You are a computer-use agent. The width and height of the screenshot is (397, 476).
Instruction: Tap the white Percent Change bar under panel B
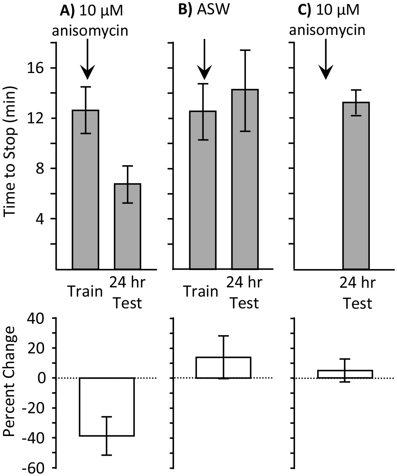click(x=223, y=367)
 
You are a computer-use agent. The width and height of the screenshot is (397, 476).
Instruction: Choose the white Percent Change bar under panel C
click(x=345, y=374)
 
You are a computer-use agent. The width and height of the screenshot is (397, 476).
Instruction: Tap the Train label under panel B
click(x=201, y=292)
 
